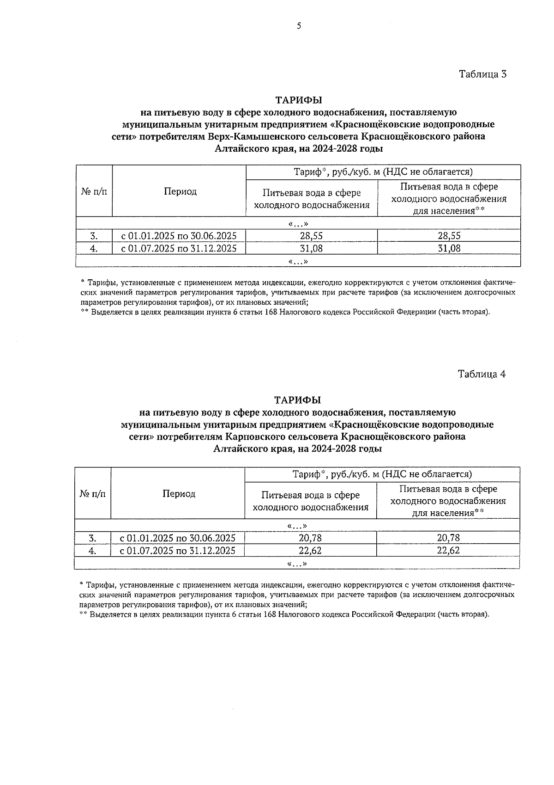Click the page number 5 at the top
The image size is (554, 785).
[299, 26]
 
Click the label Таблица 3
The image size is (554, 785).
[483, 74]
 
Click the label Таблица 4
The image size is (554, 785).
[482, 374]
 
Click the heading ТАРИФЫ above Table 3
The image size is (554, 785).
[299, 100]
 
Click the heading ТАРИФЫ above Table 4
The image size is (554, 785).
[297, 400]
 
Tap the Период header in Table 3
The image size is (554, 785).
[180, 191]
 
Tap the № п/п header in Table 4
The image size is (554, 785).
[92, 494]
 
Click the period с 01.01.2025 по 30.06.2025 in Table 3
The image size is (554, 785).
[179, 236]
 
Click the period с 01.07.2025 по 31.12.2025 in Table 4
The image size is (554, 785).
[177, 551]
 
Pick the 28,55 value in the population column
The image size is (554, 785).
[449, 236]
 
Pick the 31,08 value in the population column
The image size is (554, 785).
[449, 248]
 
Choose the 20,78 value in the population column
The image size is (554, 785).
[448, 538]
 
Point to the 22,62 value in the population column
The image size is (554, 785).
[448, 551]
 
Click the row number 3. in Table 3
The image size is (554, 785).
[94, 236]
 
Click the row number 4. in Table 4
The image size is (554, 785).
[92, 551]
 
